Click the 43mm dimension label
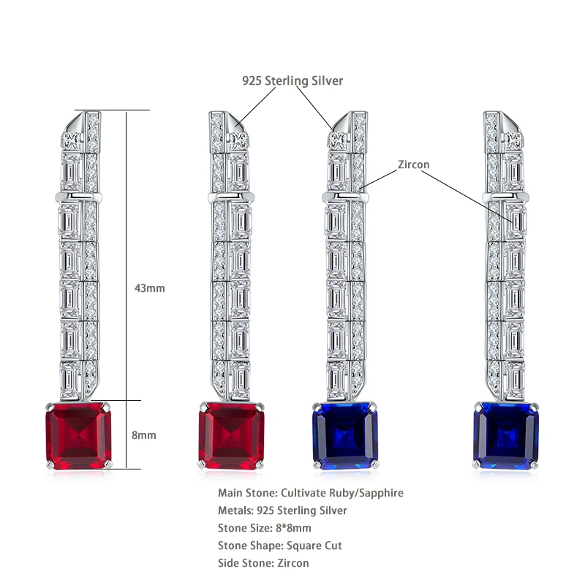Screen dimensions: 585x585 point(149,288)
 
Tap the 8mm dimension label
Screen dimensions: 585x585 point(143,435)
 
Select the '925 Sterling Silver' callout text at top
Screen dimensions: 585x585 point(292,80)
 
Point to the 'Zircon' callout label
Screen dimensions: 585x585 point(413,165)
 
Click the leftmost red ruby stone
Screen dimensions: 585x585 point(78,434)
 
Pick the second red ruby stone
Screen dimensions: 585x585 point(230,434)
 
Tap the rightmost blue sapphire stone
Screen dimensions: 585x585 point(506,434)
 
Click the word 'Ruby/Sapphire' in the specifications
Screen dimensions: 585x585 point(369,493)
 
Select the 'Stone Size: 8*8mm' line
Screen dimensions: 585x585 point(265,528)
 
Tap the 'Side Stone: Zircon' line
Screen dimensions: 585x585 point(263,563)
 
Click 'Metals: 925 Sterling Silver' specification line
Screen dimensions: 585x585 point(282,510)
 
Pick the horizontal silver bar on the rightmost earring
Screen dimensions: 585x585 point(506,197)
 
